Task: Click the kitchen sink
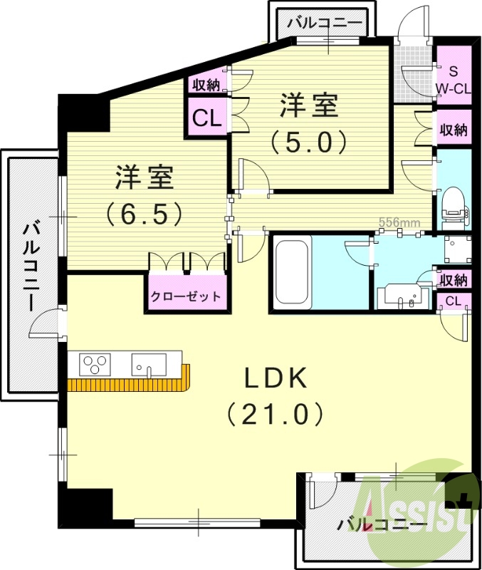point(148,364)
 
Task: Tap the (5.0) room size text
point(308,141)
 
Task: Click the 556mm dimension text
point(399,222)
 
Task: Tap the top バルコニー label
point(324,24)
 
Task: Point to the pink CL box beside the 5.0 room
point(206,118)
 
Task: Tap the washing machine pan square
point(457,249)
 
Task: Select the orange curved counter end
point(187,375)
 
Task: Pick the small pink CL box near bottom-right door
point(454,301)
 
